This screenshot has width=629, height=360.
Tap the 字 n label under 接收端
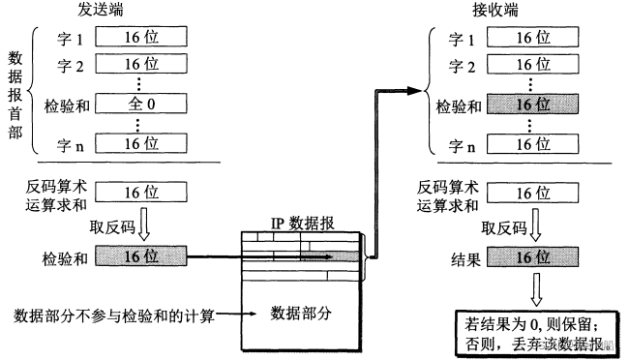[457, 144]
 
